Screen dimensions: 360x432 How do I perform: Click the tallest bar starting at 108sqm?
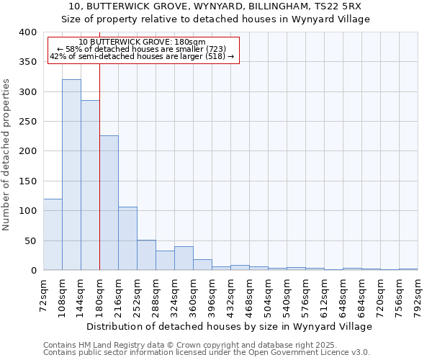click(71, 175)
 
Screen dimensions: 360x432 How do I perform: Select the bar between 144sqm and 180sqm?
click(90, 185)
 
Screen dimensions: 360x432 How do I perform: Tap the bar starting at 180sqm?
click(109, 203)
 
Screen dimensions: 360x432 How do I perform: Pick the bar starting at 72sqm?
click(53, 235)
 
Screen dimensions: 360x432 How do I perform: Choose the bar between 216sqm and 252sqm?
click(127, 238)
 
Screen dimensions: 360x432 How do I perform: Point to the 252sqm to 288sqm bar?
click(146, 255)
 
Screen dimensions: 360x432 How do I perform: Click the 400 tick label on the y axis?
click(28, 32)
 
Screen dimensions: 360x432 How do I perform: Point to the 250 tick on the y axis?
click(28, 122)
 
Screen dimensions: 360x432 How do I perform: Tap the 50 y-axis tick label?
click(31, 240)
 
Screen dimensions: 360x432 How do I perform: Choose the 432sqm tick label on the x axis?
click(230, 295)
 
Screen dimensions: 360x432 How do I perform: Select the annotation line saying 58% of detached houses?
click(141, 49)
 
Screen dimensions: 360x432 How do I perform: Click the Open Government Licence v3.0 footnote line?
click(206, 352)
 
